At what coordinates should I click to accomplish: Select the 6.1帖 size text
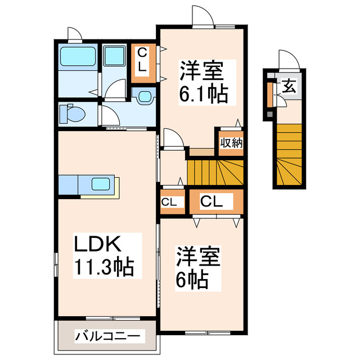203,94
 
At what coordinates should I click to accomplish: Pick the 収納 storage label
231,142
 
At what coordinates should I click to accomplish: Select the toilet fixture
71,114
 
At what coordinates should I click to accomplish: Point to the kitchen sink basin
102,184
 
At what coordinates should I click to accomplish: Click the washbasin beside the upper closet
145,96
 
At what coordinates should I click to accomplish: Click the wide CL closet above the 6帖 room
215,201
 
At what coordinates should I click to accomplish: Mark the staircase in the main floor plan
214,171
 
